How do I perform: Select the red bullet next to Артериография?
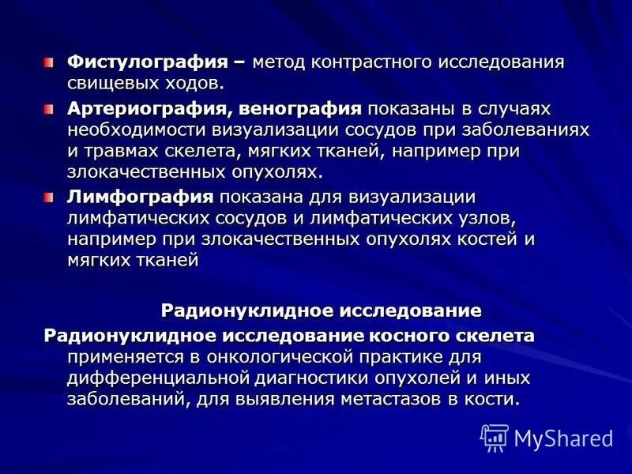tap(50, 107)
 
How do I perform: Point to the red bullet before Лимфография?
tap(50, 197)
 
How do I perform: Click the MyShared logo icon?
tap(495, 437)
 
